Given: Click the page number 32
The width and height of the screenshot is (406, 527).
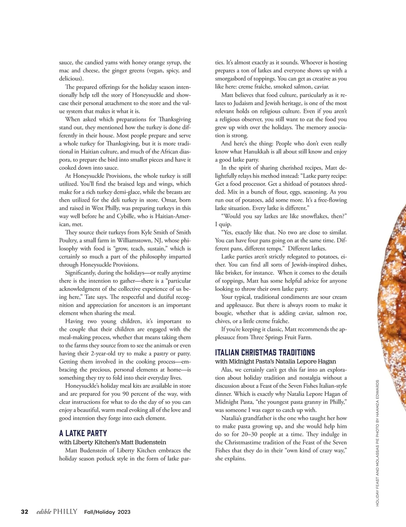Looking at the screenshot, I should [x=24, y=511].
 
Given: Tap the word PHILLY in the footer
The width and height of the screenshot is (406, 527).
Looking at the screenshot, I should [x=65, y=511].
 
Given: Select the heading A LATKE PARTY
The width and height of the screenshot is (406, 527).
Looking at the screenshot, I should [x=83, y=433].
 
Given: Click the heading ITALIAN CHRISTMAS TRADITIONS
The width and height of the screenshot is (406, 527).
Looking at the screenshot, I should [x=265, y=352].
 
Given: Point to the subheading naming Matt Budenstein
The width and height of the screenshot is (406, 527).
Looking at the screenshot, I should [x=113, y=442].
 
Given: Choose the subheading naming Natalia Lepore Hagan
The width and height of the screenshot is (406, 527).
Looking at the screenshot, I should [x=275, y=361].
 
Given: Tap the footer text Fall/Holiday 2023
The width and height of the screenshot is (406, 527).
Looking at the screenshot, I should [x=107, y=512].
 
